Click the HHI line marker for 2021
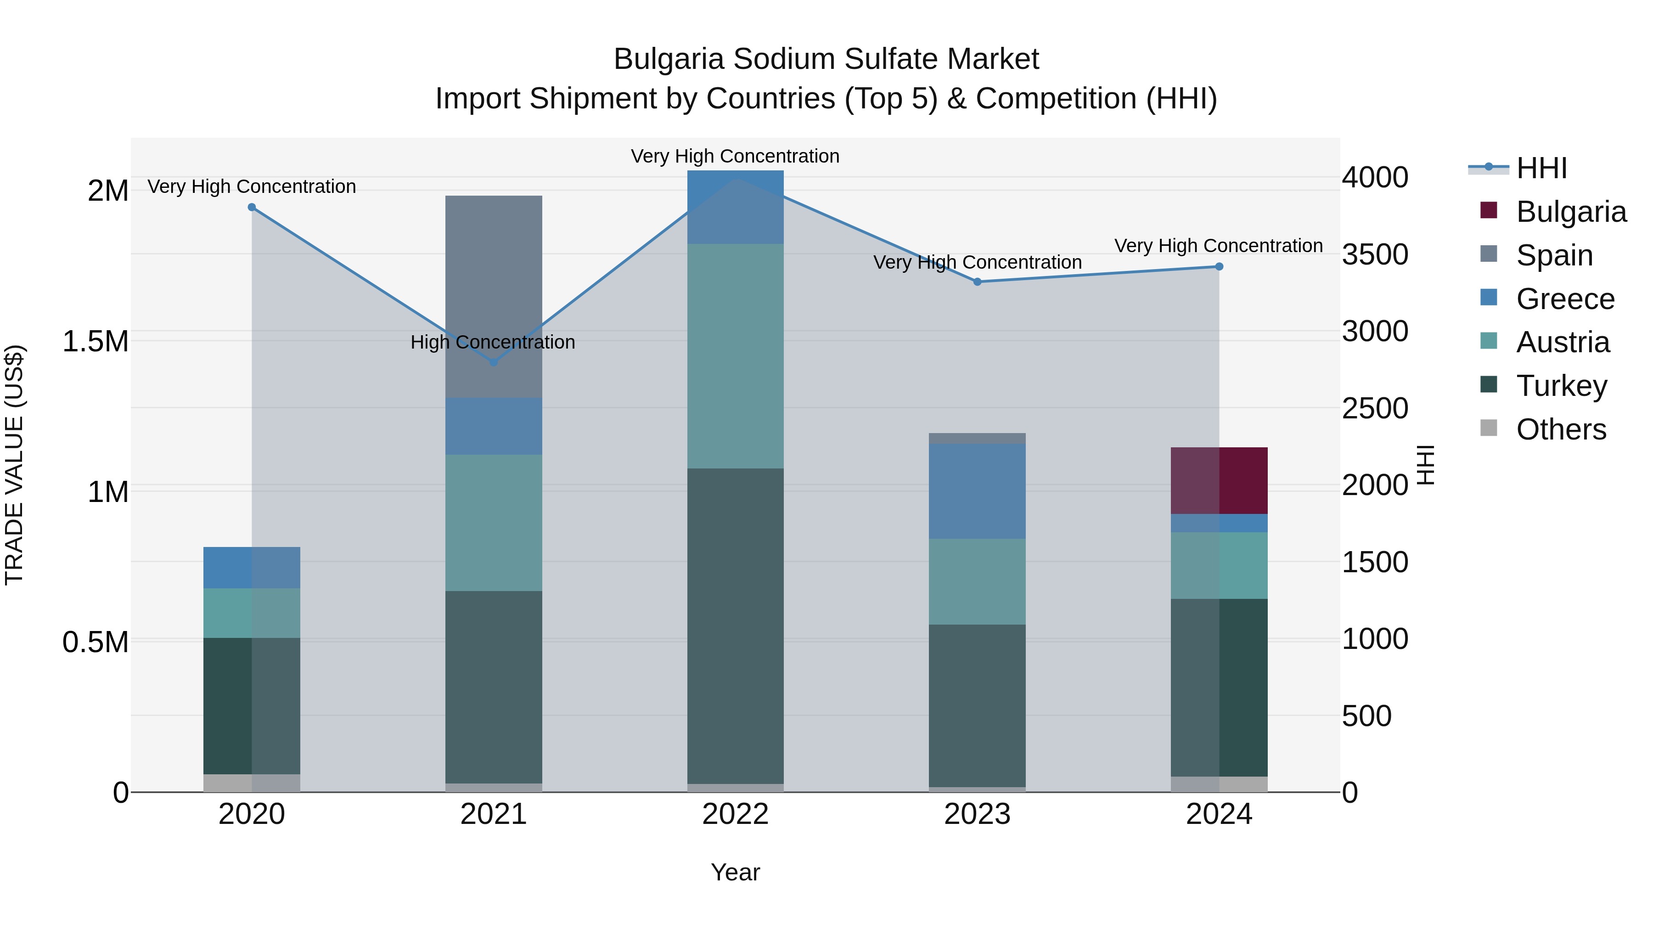pyautogui.click(x=494, y=362)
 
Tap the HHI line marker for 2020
pyautogui.click(x=252, y=207)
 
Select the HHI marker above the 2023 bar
pyautogui.click(x=977, y=282)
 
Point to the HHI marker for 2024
pyautogui.click(x=1219, y=266)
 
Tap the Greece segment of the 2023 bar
pyautogui.click(x=977, y=490)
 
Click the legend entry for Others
pyautogui.click(x=1561, y=429)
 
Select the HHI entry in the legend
pyautogui.click(x=1541, y=168)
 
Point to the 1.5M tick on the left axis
pyautogui.click(x=96, y=341)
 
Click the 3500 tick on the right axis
pyautogui.click(x=1374, y=254)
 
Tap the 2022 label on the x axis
pyautogui.click(x=736, y=814)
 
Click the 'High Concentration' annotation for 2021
pyautogui.click(x=493, y=342)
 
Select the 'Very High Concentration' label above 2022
pyautogui.click(x=736, y=156)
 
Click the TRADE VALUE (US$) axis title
pyautogui.click(x=14, y=465)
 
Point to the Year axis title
pyautogui.click(x=736, y=872)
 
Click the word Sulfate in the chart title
pyautogui.click(x=890, y=59)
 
